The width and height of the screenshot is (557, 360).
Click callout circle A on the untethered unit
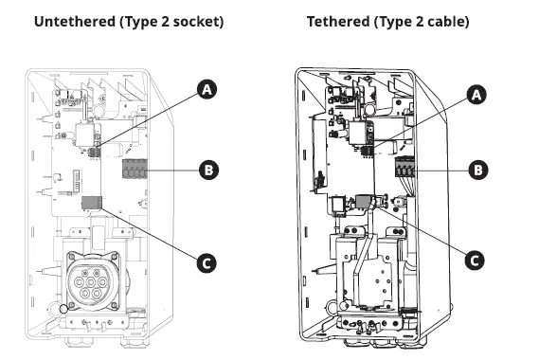coord(207,89)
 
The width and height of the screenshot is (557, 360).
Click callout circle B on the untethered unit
coord(207,171)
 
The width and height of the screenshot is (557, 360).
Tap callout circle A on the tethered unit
coord(478,94)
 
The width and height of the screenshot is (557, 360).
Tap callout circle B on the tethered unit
coord(478,171)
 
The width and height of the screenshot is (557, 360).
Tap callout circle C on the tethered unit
coord(478,258)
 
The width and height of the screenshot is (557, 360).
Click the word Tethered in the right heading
coord(337,20)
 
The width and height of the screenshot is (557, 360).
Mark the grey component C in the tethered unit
coord(364,201)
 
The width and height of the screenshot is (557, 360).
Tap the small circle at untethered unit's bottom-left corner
coord(63,308)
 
